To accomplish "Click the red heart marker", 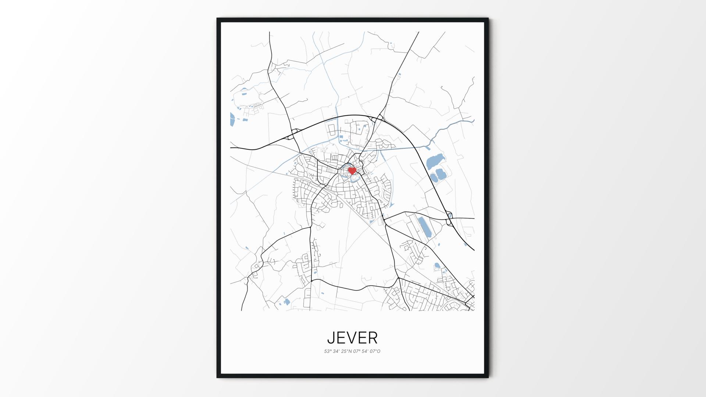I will coord(352,171).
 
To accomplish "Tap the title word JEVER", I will coord(352,337).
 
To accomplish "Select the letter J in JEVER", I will coord(331,338).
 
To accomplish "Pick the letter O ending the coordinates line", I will coord(379,351).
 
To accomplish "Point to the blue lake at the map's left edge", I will coord(232,119).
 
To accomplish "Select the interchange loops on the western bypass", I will coord(293,134).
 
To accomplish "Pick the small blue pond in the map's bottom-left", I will coord(286,302).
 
